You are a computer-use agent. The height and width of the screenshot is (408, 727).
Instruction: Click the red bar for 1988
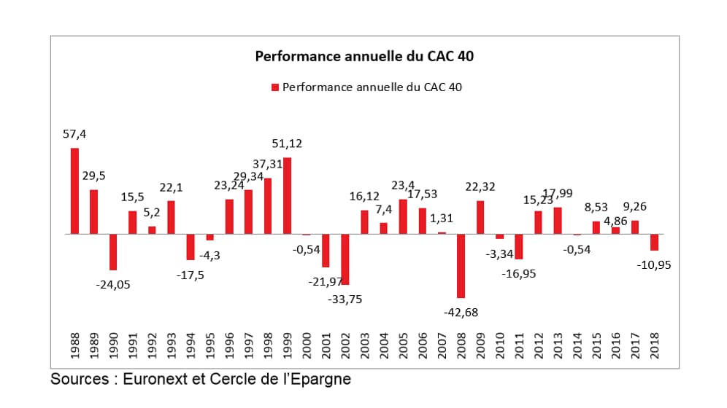point(74,191)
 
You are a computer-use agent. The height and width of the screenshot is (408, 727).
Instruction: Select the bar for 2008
point(461,266)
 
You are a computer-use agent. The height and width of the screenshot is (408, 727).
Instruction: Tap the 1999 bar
point(287,195)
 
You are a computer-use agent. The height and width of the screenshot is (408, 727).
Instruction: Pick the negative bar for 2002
point(345,259)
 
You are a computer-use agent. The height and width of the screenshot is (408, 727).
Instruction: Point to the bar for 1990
point(113,252)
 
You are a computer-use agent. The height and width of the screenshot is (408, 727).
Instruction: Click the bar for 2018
point(654,242)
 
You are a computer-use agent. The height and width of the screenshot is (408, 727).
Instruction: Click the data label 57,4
point(74,134)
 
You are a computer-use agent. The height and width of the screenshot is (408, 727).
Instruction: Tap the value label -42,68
point(461,312)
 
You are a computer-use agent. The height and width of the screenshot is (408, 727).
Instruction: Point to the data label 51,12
point(287,144)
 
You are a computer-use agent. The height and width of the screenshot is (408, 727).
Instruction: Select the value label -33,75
point(345,299)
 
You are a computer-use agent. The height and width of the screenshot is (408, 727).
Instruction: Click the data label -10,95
point(654,264)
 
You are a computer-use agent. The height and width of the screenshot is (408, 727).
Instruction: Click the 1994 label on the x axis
point(191,345)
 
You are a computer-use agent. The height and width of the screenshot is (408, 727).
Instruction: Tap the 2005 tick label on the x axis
point(403,345)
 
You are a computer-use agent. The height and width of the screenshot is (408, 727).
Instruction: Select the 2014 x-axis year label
point(577,345)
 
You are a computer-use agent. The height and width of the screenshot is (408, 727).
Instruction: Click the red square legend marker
point(275,87)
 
